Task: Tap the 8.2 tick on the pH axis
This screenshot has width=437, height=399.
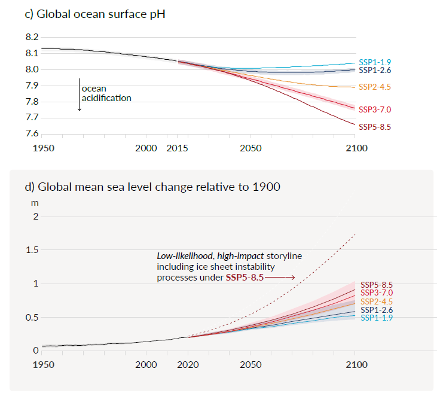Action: pos(32,37)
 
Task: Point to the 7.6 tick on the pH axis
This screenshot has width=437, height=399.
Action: pos(32,134)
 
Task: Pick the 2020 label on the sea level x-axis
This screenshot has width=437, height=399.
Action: pos(188,364)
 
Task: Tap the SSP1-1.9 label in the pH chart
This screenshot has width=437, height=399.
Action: pos(374,62)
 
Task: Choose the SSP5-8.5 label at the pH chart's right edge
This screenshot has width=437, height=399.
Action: pos(374,127)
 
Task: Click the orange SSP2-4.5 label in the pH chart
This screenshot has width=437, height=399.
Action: pos(374,87)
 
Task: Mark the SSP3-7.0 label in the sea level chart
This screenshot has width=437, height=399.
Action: pos(377,293)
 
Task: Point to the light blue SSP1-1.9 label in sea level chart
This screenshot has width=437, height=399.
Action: pos(377,318)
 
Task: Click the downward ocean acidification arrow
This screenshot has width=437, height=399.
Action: pos(79,95)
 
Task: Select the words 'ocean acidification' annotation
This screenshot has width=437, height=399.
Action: pos(106,93)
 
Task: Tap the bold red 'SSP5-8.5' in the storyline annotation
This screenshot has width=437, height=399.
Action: pos(244,278)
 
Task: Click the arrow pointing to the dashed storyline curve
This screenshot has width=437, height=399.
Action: pos(280,278)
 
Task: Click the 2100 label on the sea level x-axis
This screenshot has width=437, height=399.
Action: pos(355,364)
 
